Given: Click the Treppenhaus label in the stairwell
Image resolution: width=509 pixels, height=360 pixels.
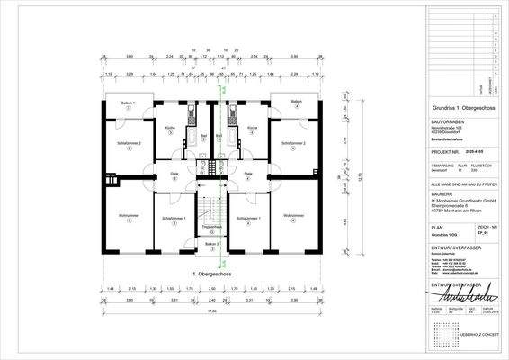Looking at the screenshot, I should click(x=210, y=227).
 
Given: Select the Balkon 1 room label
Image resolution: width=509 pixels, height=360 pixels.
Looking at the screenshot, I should click(x=129, y=104).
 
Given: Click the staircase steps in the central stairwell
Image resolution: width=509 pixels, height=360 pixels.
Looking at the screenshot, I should click(x=210, y=206).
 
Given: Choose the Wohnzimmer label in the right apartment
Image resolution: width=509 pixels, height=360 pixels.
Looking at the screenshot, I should click(x=292, y=216).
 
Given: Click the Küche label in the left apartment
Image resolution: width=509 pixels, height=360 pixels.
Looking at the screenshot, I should click(x=169, y=129).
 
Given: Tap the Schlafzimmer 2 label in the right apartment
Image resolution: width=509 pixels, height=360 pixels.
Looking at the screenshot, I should click(x=292, y=143).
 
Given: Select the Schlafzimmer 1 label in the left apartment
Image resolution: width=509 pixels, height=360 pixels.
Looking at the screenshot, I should click(x=172, y=218).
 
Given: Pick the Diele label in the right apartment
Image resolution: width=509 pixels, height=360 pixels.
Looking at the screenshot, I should click(x=248, y=173).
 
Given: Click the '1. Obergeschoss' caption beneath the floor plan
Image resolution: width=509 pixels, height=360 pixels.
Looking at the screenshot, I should click(x=210, y=271).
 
